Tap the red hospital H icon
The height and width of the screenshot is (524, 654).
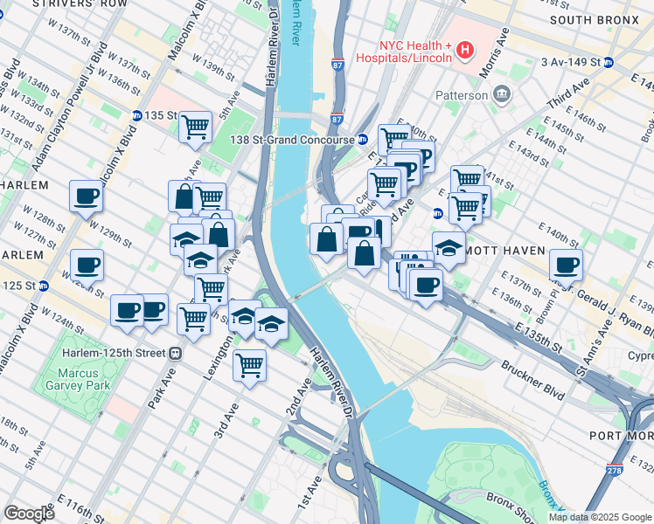[x=464, y=52]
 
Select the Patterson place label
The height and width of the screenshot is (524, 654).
[x=463, y=94]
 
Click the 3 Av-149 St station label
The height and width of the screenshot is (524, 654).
[x=569, y=62]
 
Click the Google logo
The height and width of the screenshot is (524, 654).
[x=29, y=514]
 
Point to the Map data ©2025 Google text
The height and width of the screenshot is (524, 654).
[x=600, y=517]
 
